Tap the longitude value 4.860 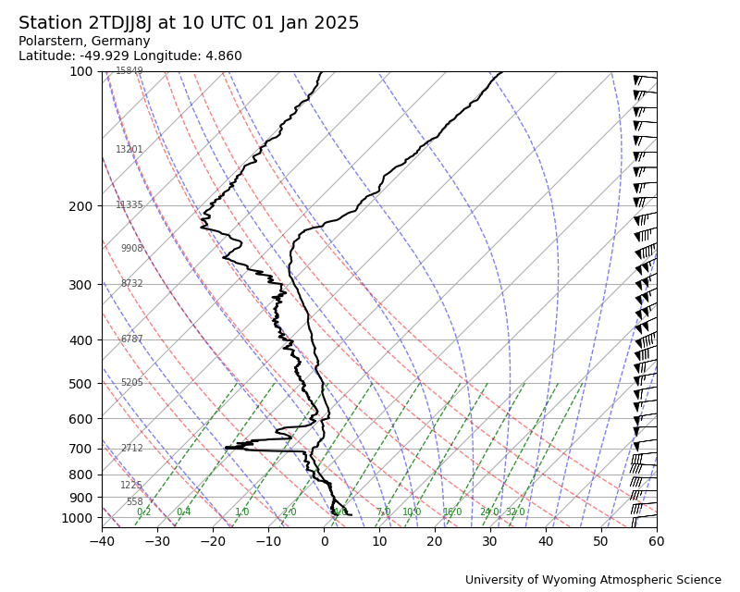click(x=221, y=56)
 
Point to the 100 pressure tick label click(x=80, y=71)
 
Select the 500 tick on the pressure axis click(x=80, y=384)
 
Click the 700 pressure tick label click(x=80, y=449)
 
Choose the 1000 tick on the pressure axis click(x=78, y=518)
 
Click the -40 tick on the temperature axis click(x=102, y=540)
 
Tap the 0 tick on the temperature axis click(x=324, y=540)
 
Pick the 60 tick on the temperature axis click(x=657, y=540)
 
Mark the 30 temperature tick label click(x=490, y=540)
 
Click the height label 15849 click(x=129, y=71)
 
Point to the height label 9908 click(x=131, y=249)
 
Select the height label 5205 click(x=131, y=383)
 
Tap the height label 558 click(x=135, y=502)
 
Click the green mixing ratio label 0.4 click(x=183, y=512)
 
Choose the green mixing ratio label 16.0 click(x=452, y=512)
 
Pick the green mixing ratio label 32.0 click(x=515, y=512)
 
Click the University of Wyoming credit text click(x=593, y=580)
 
